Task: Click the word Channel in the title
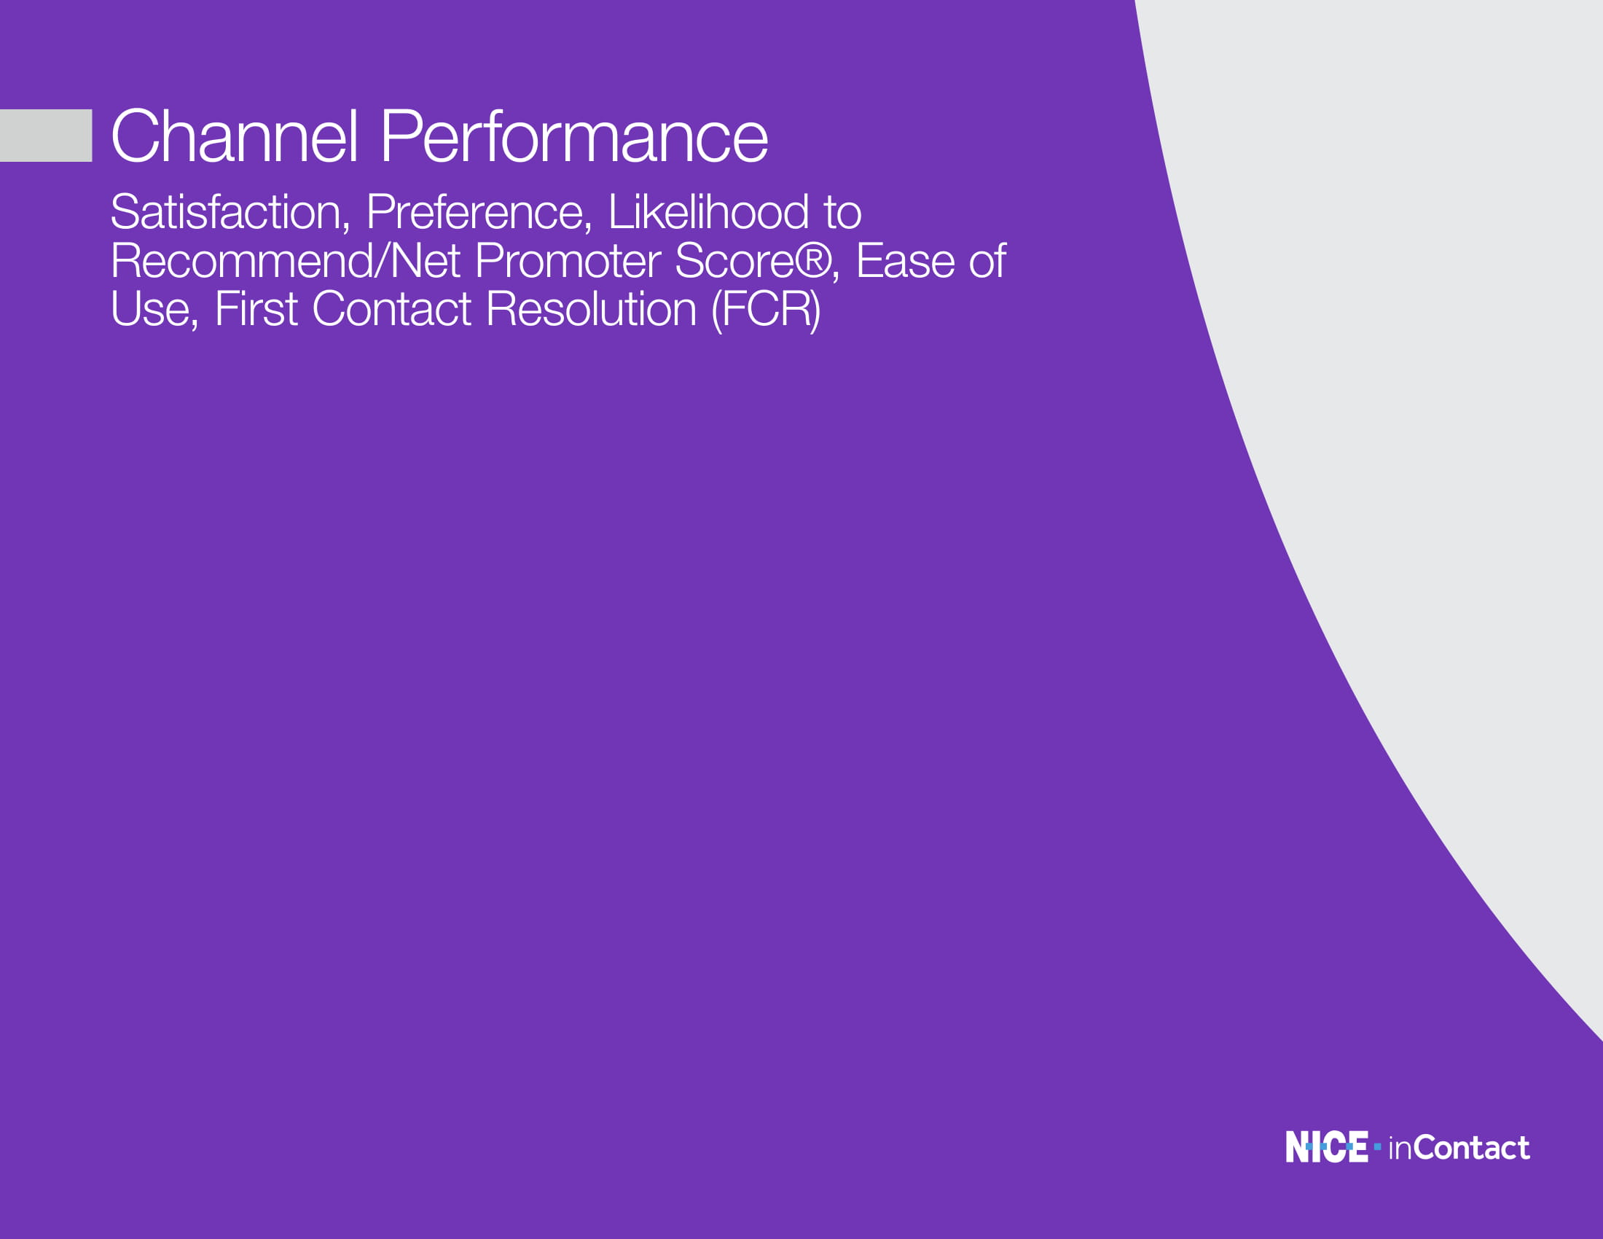point(235,136)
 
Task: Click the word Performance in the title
point(574,136)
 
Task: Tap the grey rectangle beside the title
point(45,135)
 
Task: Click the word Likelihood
point(708,212)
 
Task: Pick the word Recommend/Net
point(286,261)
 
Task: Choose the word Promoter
point(568,261)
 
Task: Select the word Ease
point(905,261)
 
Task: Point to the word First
point(256,309)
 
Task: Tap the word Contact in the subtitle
point(391,309)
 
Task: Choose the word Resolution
point(591,309)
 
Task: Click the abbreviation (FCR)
point(766,310)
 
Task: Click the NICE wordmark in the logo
point(1326,1146)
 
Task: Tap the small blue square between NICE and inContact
point(1378,1146)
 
